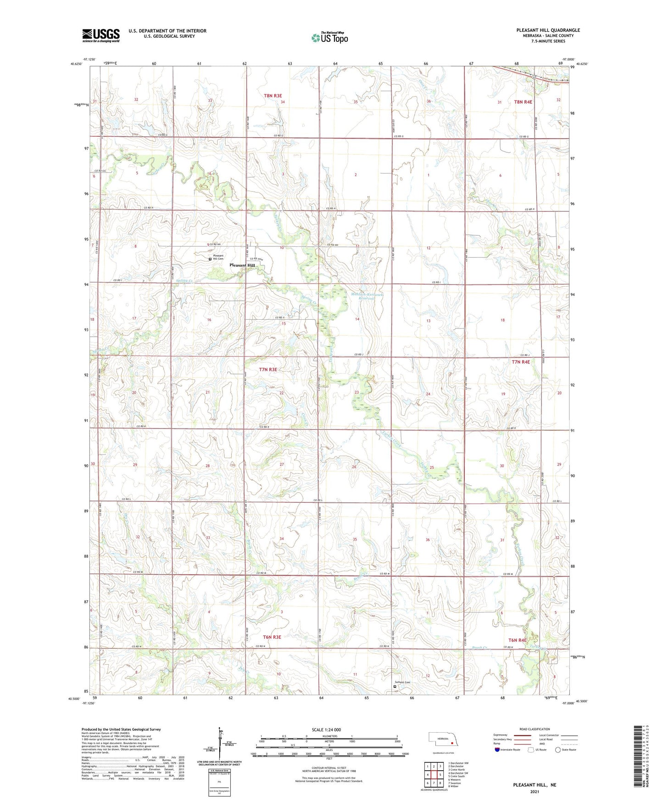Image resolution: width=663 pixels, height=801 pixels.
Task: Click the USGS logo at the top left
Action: tap(100, 35)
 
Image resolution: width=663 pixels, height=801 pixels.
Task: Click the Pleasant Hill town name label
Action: tap(242, 266)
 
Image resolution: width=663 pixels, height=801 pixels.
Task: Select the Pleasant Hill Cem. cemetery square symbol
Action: tap(210, 259)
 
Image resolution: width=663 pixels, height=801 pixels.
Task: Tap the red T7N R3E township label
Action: tap(268, 369)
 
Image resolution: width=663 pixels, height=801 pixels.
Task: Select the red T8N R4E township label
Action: tap(523, 102)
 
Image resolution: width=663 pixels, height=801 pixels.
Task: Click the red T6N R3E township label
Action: tap(272, 637)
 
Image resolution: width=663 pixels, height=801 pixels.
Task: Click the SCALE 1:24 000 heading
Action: tap(326, 730)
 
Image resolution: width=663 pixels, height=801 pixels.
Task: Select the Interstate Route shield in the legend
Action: tap(497, 750)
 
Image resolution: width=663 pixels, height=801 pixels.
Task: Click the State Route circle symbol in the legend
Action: tap(558, 750)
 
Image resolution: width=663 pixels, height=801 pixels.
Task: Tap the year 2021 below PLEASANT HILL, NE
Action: tap(534, 792)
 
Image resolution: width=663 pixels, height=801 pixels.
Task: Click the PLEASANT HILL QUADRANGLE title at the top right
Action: tap(548, 30)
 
